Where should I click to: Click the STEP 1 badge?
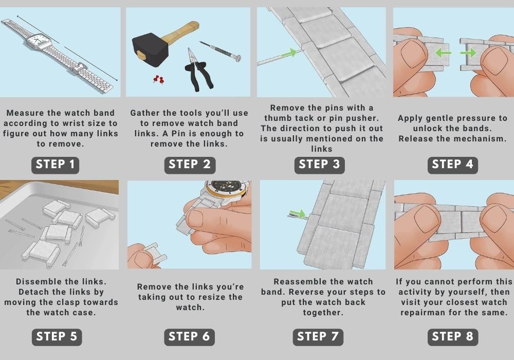point(55,165)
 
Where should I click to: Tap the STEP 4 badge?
point(452,165)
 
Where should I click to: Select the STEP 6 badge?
point(189,337)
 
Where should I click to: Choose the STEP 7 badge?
point(318,337)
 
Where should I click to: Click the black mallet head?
point(150,49)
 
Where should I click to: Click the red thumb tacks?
point(158,79)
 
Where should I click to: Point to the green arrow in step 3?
point(288,52)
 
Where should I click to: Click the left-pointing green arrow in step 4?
point(443,52)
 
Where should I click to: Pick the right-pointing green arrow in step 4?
point(468,52)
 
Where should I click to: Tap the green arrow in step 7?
point(298,214)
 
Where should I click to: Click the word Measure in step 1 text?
point(25,113)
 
